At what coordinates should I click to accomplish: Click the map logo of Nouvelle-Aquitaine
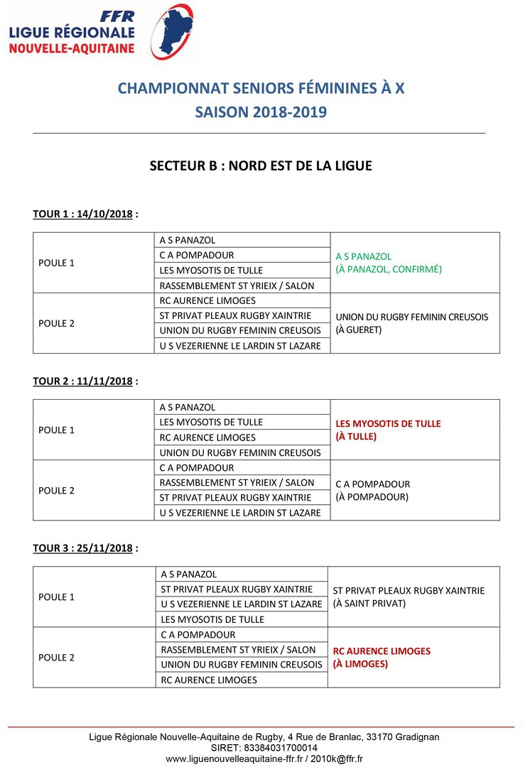(x=171, y=31)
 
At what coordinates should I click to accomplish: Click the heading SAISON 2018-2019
(x=261, y=111)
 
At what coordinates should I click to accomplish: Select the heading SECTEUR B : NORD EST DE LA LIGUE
(x=261, y=165)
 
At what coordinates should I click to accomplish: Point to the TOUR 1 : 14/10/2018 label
(x=85, y=214)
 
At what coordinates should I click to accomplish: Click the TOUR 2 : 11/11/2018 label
(x=85, y=381)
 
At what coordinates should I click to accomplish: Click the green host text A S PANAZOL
(x=363, y=256)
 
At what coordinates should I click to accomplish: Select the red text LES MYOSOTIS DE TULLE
(x=388, y=423)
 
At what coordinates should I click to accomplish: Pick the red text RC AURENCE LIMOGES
(x=382, y=651)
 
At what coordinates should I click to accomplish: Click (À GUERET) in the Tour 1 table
(x=359, y=330)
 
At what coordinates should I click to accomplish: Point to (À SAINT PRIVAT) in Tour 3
(x=369, y=604)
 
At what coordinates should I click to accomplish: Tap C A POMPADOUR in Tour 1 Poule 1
(x=197, y=255)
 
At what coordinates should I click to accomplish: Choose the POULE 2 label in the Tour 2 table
(x=56, y=490)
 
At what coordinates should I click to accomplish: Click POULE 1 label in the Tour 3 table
(x=56, y=597)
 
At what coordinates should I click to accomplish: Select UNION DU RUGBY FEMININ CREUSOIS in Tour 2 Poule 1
(x=240, y=452)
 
